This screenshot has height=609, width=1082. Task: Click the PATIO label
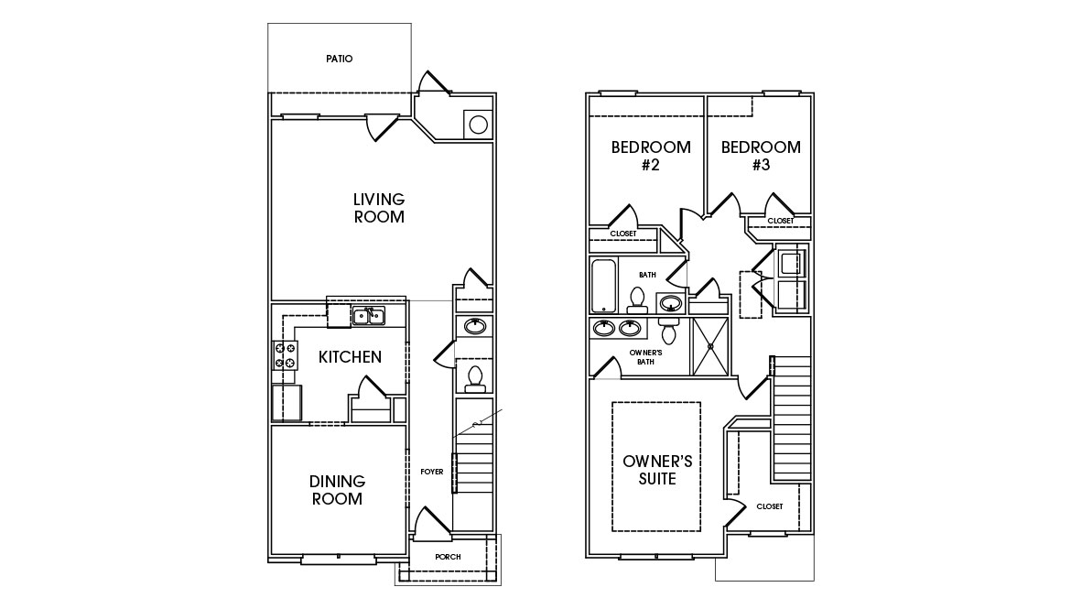(339, 59)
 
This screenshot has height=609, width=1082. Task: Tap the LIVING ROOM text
(379, 208)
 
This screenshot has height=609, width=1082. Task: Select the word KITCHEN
(350, 357)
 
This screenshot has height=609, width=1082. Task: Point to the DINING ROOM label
(337, 490)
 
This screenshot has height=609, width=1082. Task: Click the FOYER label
(432, 472)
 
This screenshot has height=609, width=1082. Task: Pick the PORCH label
(448, 558)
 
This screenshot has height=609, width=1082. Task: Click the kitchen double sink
(369, 317)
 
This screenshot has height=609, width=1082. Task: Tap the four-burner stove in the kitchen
(285, 355)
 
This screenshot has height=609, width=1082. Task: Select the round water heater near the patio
(476, 125)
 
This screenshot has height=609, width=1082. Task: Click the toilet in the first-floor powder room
(474, 375)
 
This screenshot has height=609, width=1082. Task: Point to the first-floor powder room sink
(475, 326)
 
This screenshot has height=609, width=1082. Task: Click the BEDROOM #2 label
(651, 156)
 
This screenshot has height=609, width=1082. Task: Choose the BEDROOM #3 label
(760, 156)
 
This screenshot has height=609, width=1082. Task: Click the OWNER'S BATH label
(646, 356)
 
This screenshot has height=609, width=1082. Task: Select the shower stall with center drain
(710, 345)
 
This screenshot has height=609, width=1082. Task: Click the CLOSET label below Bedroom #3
(780, 221)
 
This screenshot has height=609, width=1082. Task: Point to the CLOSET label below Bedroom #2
(622, 234)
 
